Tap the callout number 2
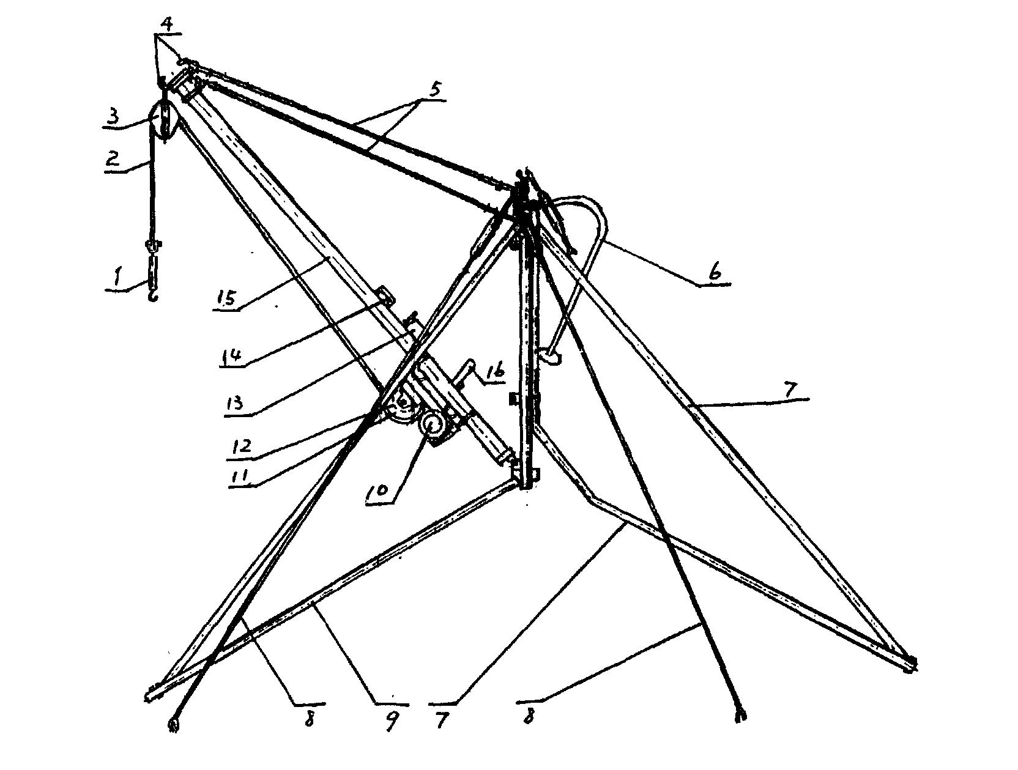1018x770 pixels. tap(113, 159)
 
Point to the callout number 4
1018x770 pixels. tap(168, 24)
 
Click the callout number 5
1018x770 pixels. tap(434, 89)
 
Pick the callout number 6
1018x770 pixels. tap(715, 272)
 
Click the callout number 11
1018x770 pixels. tap(239, 476)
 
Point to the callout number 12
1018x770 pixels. tap(241, 446)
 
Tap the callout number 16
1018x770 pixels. tap(494, 371)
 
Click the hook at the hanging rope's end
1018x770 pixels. tap(152, 295)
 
